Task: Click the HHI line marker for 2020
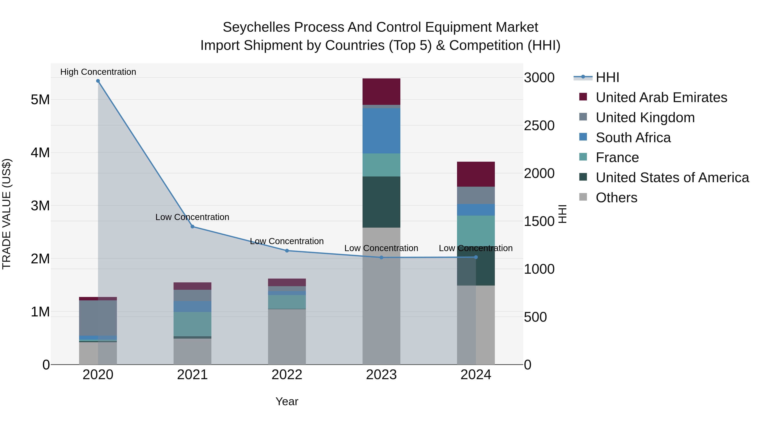point(98,81)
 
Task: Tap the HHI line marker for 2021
point(192,227)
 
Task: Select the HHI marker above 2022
point(287,251)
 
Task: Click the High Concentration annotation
point(98,72)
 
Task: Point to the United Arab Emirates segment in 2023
point(381,92)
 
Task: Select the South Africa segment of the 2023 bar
point(381,131)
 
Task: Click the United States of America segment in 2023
point(381,202)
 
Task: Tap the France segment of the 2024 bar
point(476,230)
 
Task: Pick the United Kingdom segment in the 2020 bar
point(98,318)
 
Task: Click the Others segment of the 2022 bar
point(287,337)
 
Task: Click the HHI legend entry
point(607,77)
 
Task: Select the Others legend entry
point(616,198)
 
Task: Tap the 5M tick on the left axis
point(40,100)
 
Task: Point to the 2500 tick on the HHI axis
point(539,126)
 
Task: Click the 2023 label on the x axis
point(381,375)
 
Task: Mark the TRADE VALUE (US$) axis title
point(7,214)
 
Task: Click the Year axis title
point(287,401)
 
